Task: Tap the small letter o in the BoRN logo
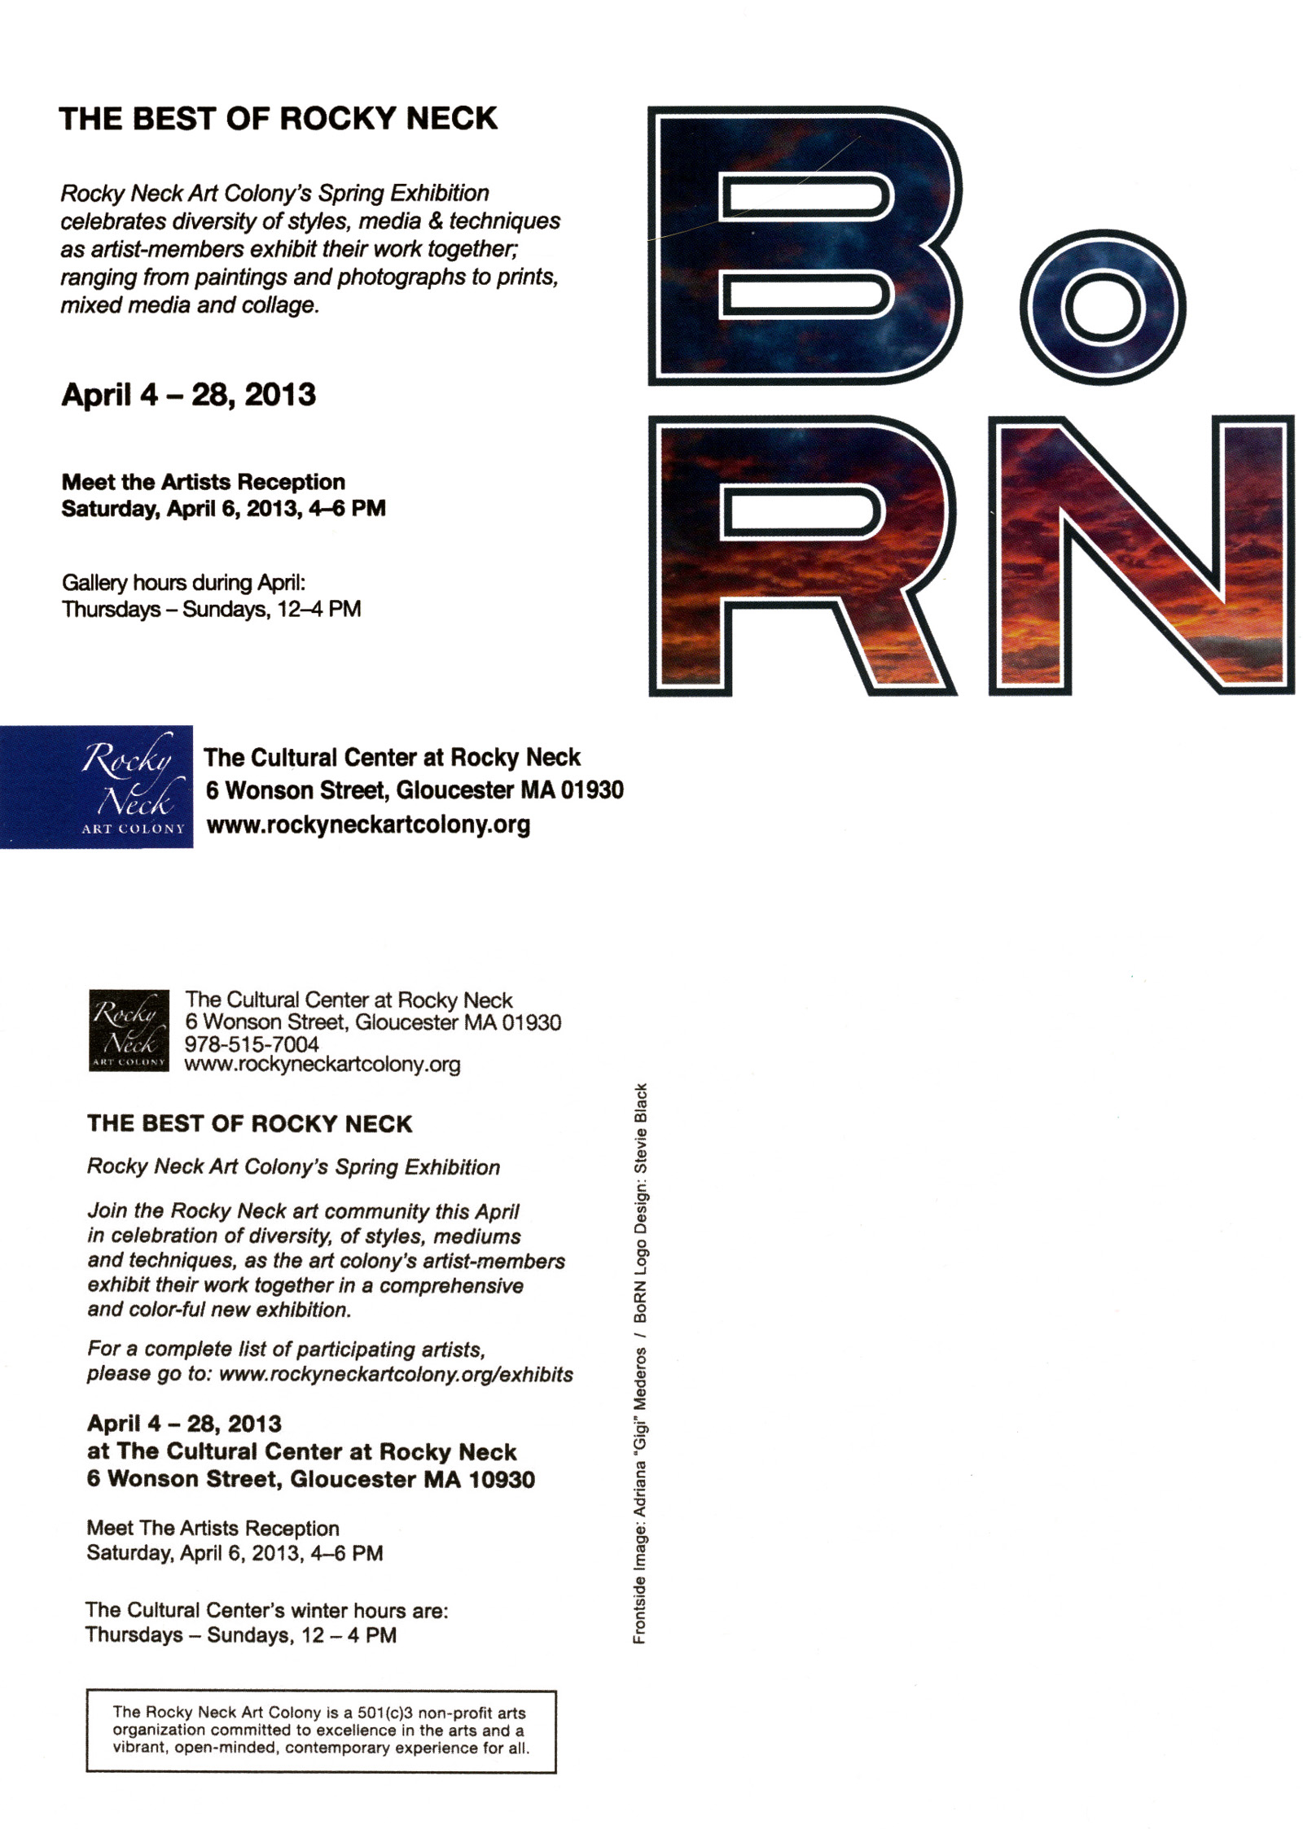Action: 1102,307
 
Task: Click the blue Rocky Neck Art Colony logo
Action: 96,786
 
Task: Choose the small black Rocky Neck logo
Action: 129,1030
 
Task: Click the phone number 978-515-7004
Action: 252,1044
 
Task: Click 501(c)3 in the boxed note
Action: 386,1713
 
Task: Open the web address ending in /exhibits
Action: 396,1375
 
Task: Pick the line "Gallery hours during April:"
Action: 183,583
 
